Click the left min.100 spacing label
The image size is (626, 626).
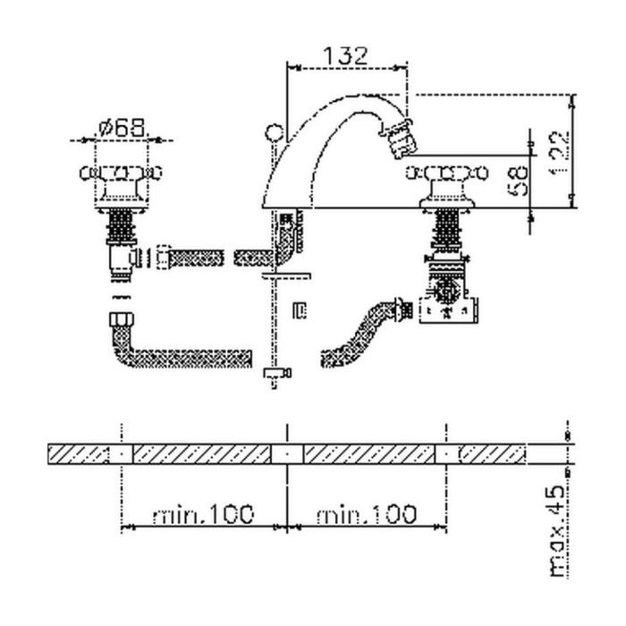point(203,514)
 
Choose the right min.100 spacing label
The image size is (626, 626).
point(366,514)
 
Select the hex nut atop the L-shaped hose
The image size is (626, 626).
point(116,319)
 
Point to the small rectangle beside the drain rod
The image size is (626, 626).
point(301,310)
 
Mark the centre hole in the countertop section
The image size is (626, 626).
point(286,454)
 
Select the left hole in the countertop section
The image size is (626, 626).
point(122,454)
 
